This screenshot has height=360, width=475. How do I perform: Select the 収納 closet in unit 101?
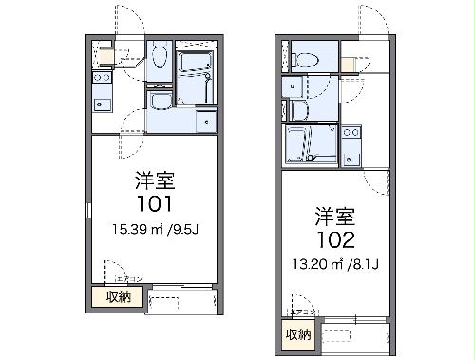pyautogui.click(x=118, y=296)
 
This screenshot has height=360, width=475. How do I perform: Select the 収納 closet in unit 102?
pyautogui.click(x=297, y=333)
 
